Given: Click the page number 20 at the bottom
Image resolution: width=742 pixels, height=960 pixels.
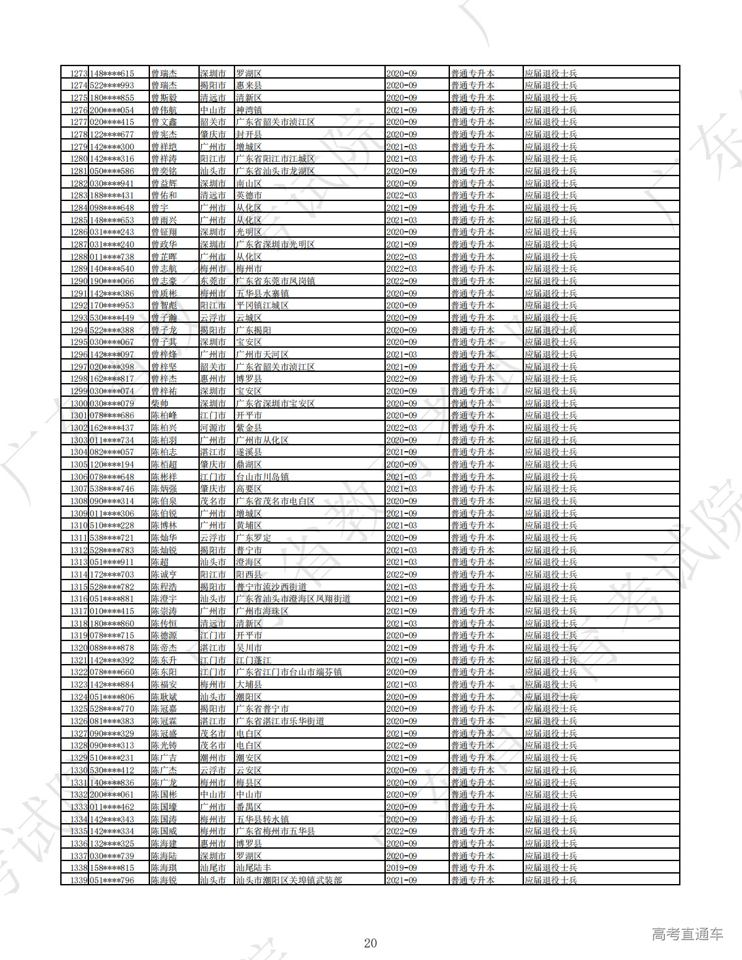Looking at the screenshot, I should point(370,943).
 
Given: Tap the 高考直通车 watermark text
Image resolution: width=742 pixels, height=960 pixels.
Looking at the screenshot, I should point(687,934).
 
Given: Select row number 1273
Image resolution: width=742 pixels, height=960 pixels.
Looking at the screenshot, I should point(79,73).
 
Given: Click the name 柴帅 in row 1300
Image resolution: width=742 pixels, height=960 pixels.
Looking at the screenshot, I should point(159,403).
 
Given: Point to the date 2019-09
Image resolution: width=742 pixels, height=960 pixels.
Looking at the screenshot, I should point(401,868).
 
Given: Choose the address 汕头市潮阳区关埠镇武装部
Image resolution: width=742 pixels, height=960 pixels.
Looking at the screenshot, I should point(289,880).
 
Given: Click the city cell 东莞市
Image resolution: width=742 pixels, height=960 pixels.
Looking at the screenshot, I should point(213,281).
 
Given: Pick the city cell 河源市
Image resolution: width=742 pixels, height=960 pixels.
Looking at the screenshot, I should point(213,428).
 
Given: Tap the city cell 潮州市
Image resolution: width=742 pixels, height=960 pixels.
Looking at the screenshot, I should point(213,758).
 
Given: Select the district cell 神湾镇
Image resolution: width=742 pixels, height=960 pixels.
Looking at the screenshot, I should point(249,110).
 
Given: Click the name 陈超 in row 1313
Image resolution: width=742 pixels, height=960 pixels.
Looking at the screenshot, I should point(159,562).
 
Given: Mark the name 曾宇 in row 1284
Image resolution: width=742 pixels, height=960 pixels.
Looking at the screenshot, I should point(159,208).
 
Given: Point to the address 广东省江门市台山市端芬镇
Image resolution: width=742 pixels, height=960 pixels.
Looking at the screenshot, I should point(289,672).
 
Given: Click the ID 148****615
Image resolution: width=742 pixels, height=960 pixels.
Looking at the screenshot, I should point(112,73).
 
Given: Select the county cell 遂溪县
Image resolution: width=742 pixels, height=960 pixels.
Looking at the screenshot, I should point(249,452).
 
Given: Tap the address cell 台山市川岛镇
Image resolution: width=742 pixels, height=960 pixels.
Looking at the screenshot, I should point(262,477).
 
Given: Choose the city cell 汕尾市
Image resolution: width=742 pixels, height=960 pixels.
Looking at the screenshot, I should point(213,868).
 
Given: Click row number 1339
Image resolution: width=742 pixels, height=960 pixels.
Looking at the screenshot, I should point(79,880).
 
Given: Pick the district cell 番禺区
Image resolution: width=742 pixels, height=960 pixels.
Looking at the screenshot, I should point(249,807).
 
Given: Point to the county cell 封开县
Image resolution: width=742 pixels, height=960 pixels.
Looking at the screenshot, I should point(249,134).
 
